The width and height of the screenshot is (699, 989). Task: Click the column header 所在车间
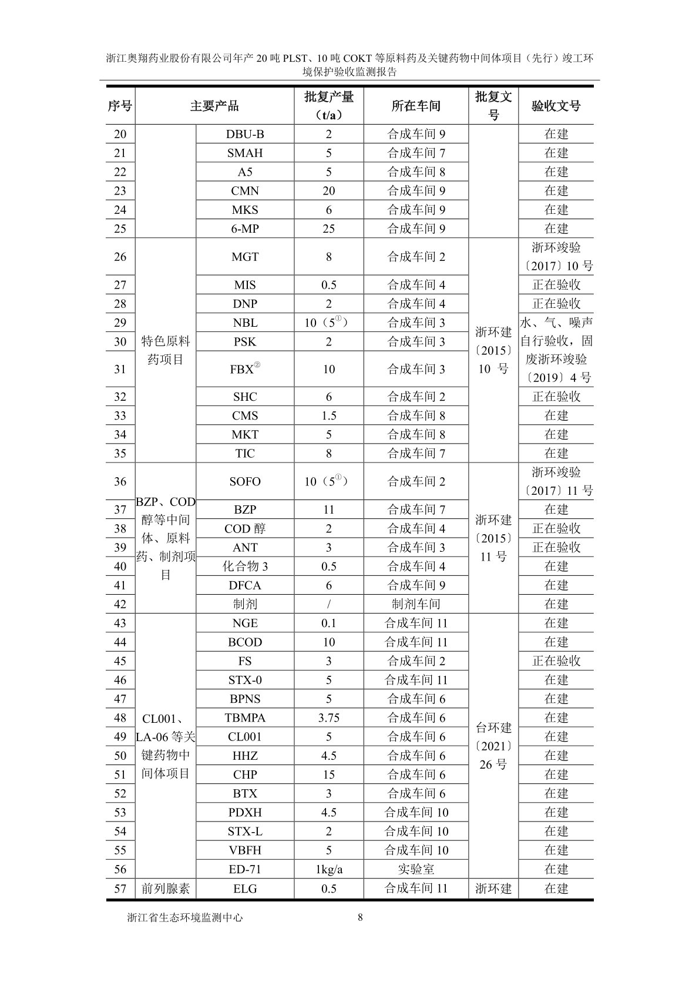[x=416, y=106]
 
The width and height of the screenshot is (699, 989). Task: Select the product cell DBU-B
[x=245, y=134]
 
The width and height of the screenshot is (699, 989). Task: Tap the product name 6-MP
[x=245, y=229]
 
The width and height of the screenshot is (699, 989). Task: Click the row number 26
[x=120, y=257]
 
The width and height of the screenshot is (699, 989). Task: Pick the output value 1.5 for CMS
[x=328, y=415]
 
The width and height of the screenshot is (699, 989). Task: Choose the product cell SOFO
[x=245, y=481]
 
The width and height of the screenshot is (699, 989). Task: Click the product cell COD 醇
[x=245, y=528]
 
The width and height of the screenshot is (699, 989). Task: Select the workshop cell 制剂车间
[x=416, y=604]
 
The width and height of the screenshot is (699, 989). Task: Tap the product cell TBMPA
[x=245, y=718]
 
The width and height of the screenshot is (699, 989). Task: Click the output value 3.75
[x=328, y=718]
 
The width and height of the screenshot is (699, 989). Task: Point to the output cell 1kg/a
[x=328, y=869]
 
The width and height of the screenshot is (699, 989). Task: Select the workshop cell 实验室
[x=416, y=869]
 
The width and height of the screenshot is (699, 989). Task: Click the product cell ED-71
[x=245, y=869]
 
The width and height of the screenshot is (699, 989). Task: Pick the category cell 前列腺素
[x=166, y=889]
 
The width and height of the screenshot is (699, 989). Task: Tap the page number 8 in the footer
[x=360, y=917]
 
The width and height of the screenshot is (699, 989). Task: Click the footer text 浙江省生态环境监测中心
[x=185, y=917]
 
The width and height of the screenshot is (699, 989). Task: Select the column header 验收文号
[x=556, y=106]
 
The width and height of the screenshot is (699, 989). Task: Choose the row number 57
[x=120, y=889]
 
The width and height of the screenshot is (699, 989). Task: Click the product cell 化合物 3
[x=245, y=566]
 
